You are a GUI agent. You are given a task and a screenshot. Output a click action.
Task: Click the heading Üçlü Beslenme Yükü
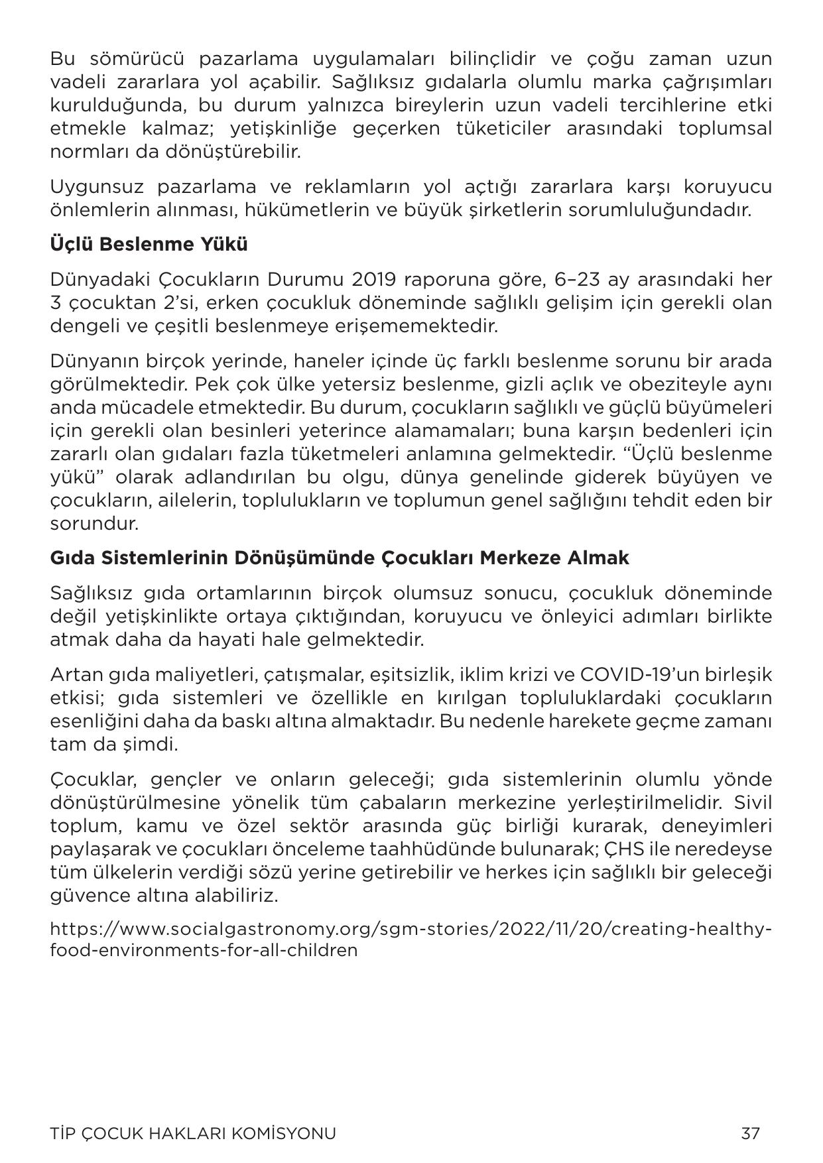pyautogui.click(x=149, y=245)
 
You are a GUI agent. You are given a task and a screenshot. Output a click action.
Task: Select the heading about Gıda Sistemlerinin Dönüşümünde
pyautogui.click(x=339, y=558)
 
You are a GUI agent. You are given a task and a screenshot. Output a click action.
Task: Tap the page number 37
pyautogui.click(x=750, y=1133)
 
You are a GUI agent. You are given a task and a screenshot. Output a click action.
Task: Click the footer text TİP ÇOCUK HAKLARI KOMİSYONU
pyautogui.click(x=193, y=1133)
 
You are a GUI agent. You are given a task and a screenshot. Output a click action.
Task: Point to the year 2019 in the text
pyautogui.click(x=373, y=280)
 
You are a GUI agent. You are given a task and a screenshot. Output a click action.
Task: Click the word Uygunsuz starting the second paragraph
pyautogui.click(x=95, y=187)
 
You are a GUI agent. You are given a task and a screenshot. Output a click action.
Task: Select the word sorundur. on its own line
pyautogui.click(x=94, y=524)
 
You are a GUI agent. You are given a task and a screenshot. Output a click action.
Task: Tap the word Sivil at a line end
pyautogui.click(x=753, y=803)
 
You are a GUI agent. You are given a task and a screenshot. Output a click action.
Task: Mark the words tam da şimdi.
pyautogui.click(x=114, y=745)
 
